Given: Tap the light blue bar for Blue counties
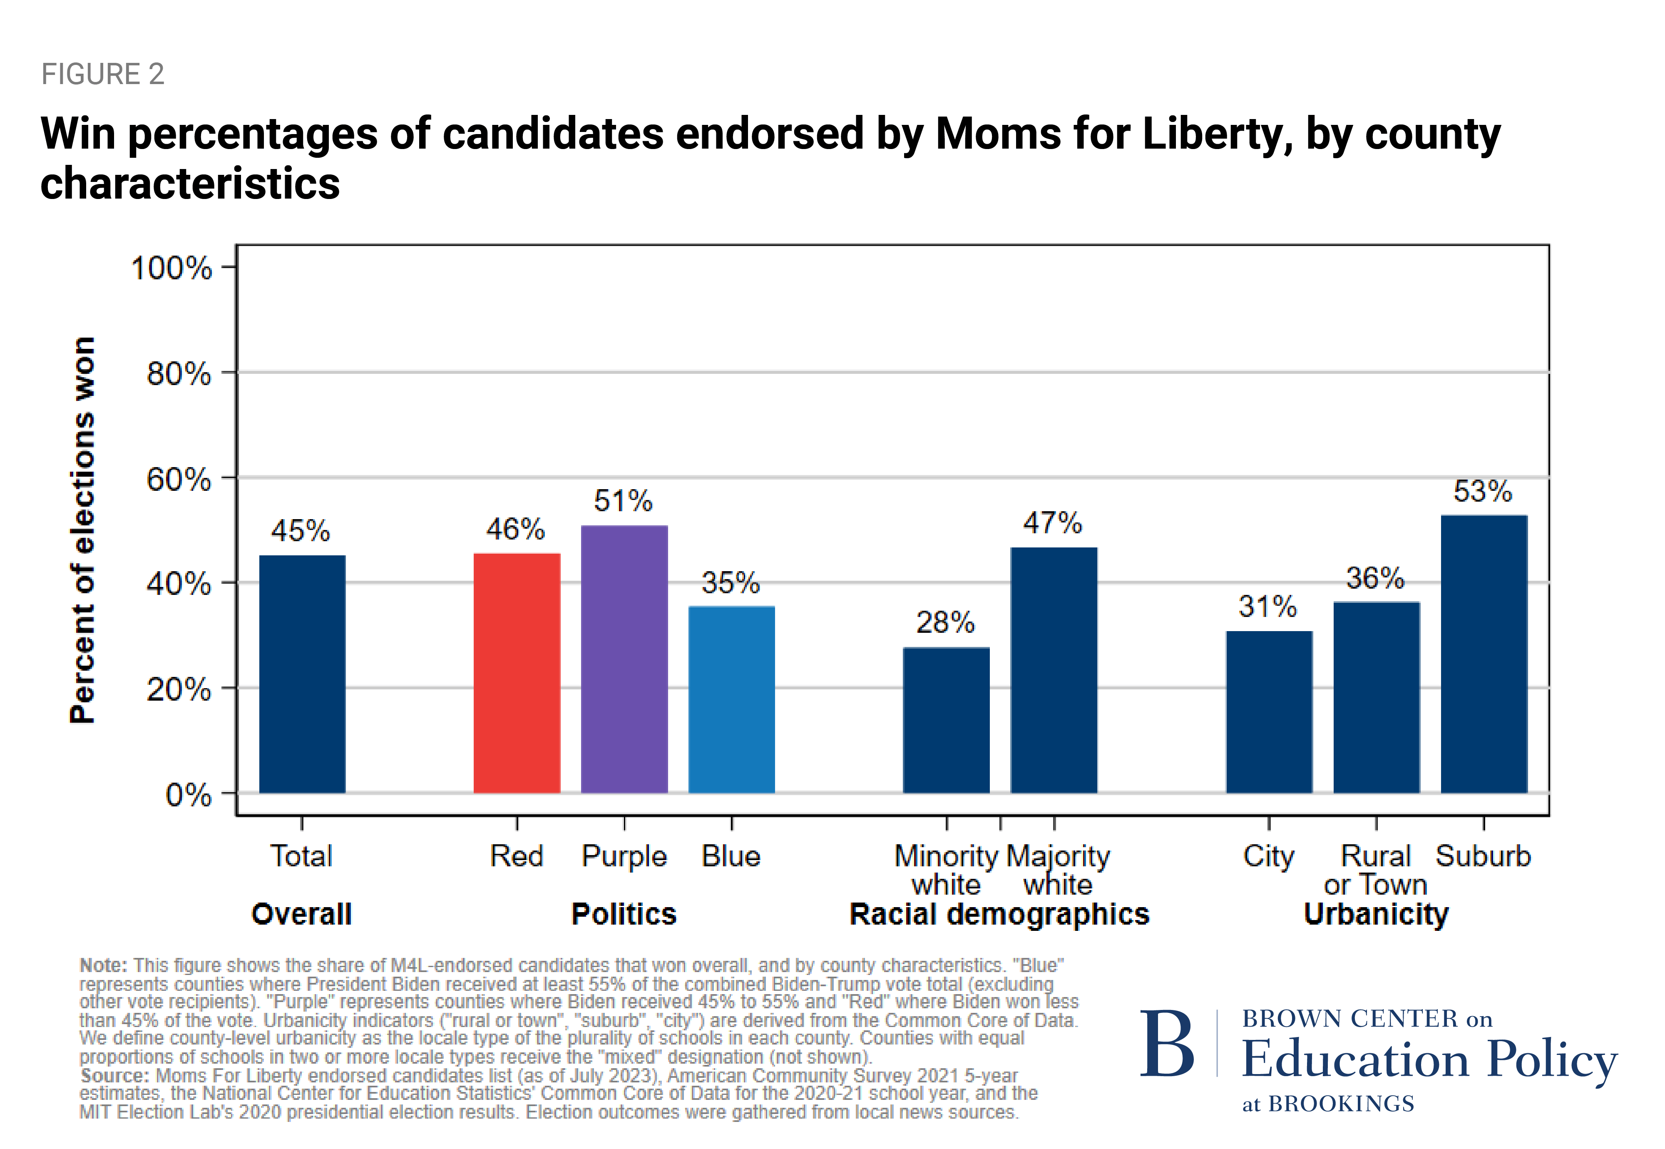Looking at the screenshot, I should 731,700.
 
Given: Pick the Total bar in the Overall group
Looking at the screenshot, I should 302,674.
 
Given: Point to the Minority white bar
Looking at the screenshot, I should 946,720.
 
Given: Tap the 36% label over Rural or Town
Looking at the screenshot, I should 1375,578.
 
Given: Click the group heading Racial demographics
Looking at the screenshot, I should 999,914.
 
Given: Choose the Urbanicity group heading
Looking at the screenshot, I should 1376,914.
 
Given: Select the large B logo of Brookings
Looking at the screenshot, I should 1167,1043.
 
